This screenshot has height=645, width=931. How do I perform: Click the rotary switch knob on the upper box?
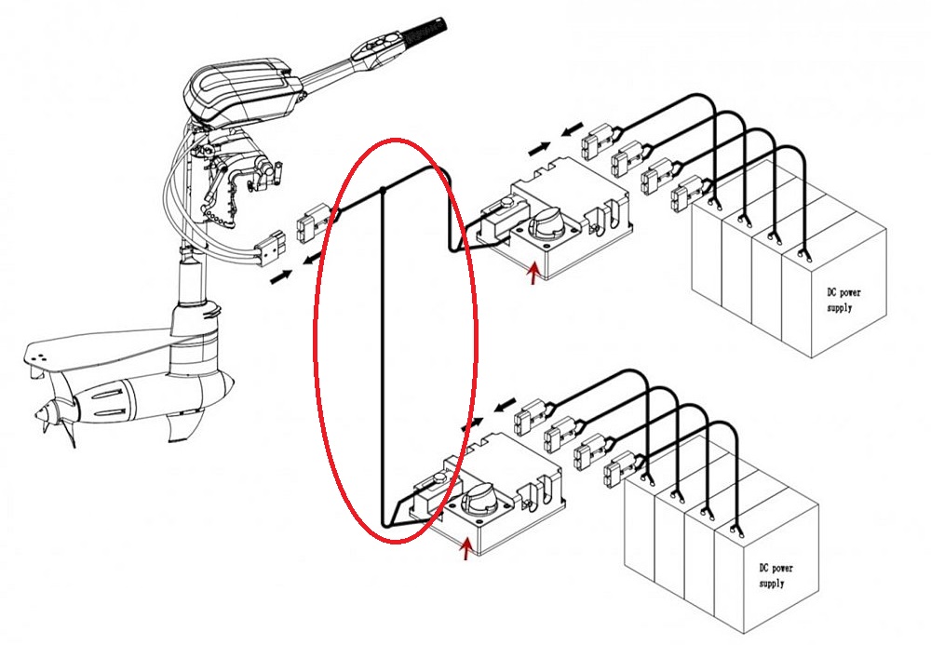click(x=545, y=222)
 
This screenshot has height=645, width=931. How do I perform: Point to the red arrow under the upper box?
click(x=534, y=274)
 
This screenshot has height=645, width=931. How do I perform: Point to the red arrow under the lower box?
click(x=467, y=548)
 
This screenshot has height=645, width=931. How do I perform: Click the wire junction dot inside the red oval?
click(x=383, y=191)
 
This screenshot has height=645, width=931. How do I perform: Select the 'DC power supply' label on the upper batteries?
click(x=843, y=300)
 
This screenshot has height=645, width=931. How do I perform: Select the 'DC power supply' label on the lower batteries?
click(x=775, y=575)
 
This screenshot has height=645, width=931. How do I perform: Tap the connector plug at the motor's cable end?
click(x=270, y=247)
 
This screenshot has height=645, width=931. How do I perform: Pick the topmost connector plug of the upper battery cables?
click(x=599, y=141)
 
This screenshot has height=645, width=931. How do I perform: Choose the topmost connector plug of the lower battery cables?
click(x=532, y=418)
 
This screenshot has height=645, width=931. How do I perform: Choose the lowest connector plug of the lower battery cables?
click(x=620, y=470)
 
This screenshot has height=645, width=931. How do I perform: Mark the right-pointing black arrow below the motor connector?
click(x=281, y=276)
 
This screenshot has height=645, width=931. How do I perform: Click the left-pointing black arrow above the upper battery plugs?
click(x=573, y=128)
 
